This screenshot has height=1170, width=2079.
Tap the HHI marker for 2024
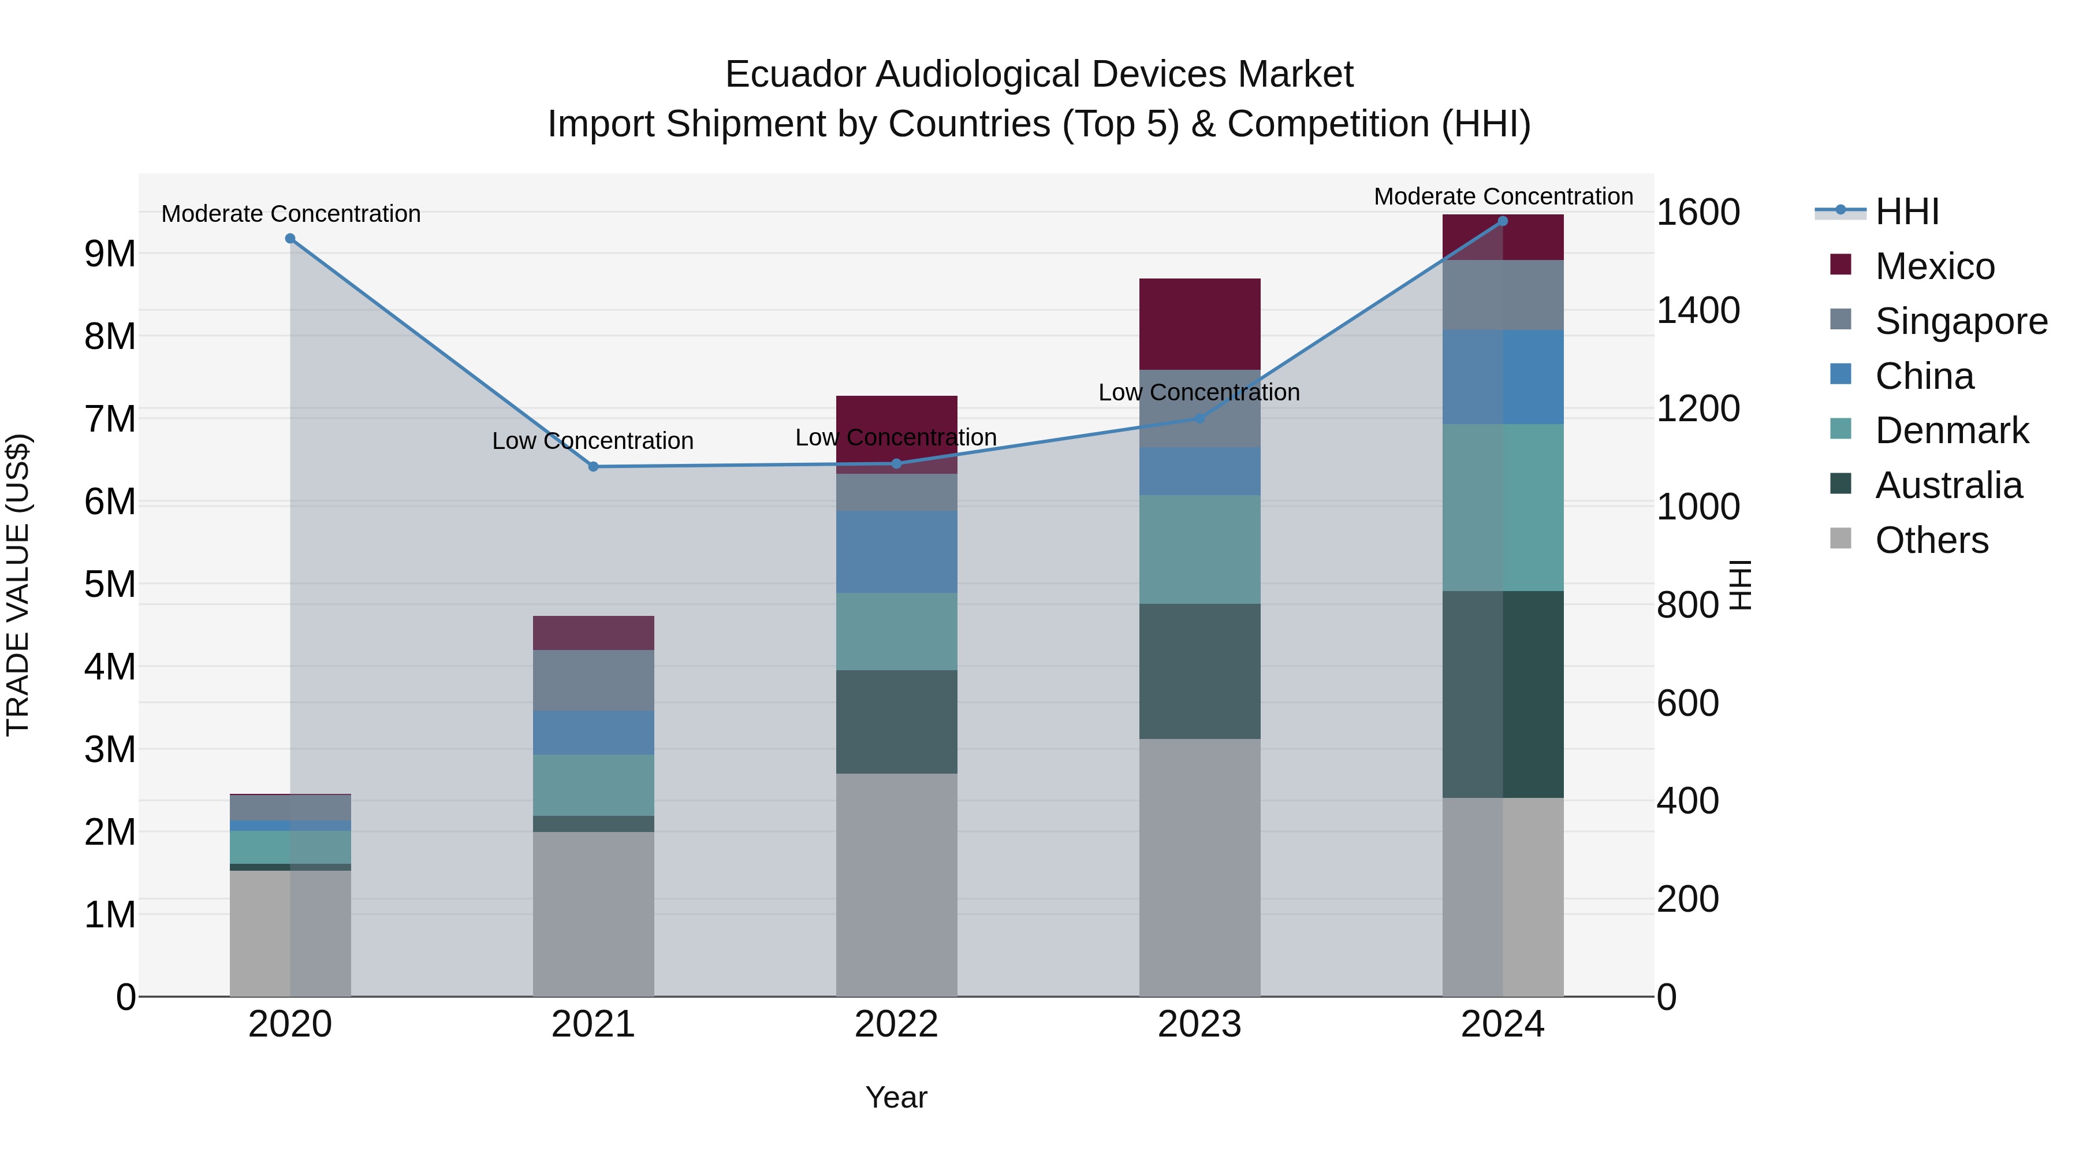(1502, 221)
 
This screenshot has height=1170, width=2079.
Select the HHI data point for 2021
(593, 467)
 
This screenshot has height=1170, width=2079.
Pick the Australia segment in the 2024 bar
(1502, 694)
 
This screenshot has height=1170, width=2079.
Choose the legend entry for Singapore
(1961, 321)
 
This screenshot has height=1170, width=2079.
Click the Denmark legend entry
(1951, 430)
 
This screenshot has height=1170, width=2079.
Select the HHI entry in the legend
(1906, 211)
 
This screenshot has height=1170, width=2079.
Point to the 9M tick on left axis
(110, 254)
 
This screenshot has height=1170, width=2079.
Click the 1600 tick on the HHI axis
(1697, 213)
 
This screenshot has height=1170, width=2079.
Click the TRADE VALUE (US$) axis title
(18, 585)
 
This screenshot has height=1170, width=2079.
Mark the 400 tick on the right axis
(1687, 801)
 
